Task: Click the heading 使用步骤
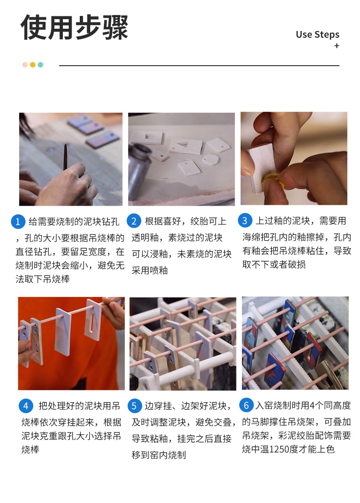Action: click(x=74, y=27)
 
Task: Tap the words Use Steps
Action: click(x=317, y=35)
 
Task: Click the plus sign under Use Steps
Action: click(x=337, y=46)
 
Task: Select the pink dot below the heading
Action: click(x=25, y=65)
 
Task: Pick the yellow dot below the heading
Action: click(x=33, y=65)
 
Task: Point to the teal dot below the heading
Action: click(x=41, y=65)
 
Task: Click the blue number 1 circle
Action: click(x=18, y=221)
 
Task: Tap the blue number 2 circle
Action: click(x=134, y=221)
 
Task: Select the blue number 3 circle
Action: click(x=245, y=220)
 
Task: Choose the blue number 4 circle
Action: click(x=26, y=406)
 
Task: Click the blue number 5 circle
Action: click(x=134, y=406)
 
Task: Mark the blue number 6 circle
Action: click(x=246, y=405)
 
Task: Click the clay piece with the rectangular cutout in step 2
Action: click(x=147, y=137)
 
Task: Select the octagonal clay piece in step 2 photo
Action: click(x=211, y=160)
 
